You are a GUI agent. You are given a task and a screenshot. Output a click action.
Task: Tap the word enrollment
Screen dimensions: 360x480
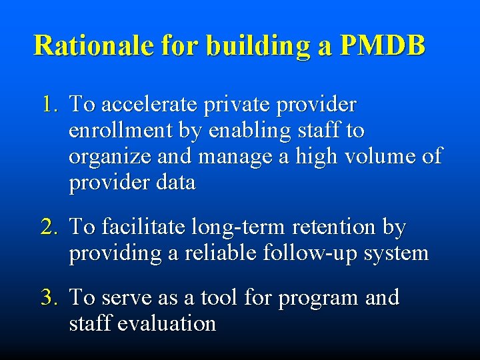(113, 131)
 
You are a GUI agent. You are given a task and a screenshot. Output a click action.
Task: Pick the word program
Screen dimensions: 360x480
(317, 298)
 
